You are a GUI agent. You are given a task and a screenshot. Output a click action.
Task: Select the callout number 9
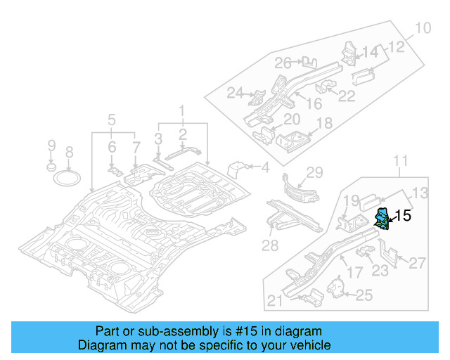tap(51, 146)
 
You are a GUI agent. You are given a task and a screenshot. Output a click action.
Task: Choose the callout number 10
tap(422, 29)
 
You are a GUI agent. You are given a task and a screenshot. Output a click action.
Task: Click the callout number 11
tap(399, 163)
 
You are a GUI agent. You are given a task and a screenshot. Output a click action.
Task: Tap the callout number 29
tap(314, 172)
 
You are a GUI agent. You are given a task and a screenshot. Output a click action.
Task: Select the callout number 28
tap(269, 245)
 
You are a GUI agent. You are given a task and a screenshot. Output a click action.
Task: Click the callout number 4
tap(265, 167)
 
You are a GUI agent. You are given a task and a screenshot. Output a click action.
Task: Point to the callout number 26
tap(283, 64)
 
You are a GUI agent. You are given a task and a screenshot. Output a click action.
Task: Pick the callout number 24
tap(234, 93)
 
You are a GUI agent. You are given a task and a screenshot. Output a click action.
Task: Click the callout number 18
tap(323, 124)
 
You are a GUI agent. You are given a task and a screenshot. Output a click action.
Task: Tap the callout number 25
tap(364, 296)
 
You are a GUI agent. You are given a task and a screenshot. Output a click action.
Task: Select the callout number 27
tap(417, 264)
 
